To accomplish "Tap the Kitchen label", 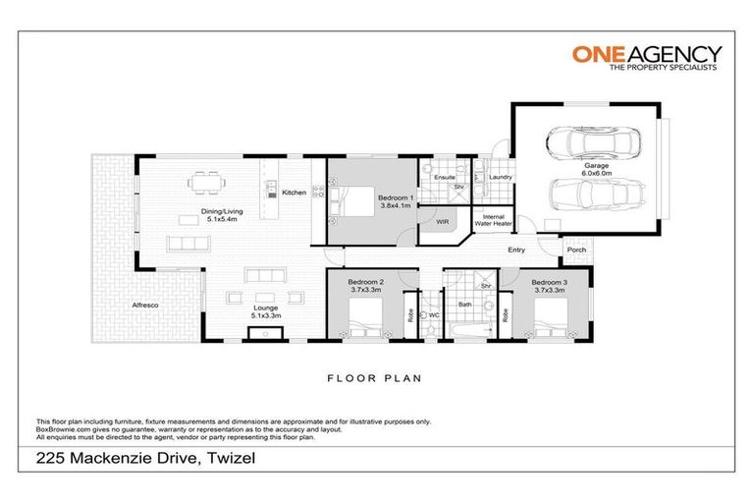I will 294,193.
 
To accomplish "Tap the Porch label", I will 575,250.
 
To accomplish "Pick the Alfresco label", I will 144,307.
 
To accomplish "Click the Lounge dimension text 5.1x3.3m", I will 239,315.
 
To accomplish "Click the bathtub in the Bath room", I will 468,335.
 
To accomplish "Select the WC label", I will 433,315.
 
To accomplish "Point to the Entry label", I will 516,250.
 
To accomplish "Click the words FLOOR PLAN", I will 376,376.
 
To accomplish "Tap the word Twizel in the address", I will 223,459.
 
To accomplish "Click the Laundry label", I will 501,178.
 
